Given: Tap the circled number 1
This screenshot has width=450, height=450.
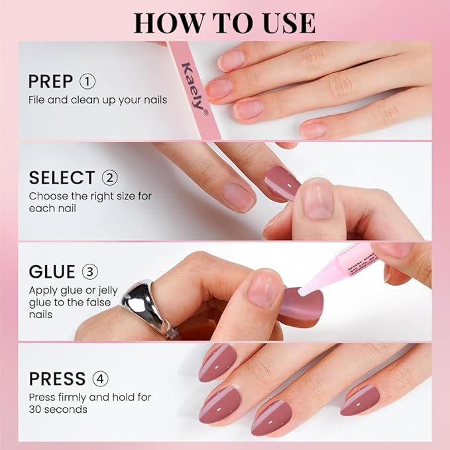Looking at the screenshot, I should pyautogui.click(x=87, y=82).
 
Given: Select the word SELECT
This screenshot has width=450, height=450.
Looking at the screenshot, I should pyautogui.click(x=62, y=178).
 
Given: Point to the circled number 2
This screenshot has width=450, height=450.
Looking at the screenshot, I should pyautogui.click(x=109, y=178).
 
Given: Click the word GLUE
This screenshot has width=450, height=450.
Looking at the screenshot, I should pyautogui.click(x=52, y=272).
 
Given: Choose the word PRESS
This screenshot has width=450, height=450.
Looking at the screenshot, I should pyautogui.click(x=57, y=379).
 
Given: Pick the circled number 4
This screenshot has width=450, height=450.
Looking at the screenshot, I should pyautogui.click(x=99, y=379).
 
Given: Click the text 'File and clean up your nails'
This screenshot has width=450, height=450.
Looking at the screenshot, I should pyautogui.click(x=97, y=100).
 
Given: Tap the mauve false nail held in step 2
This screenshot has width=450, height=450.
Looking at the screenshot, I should pyautogui.click(x=282, y=183).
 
